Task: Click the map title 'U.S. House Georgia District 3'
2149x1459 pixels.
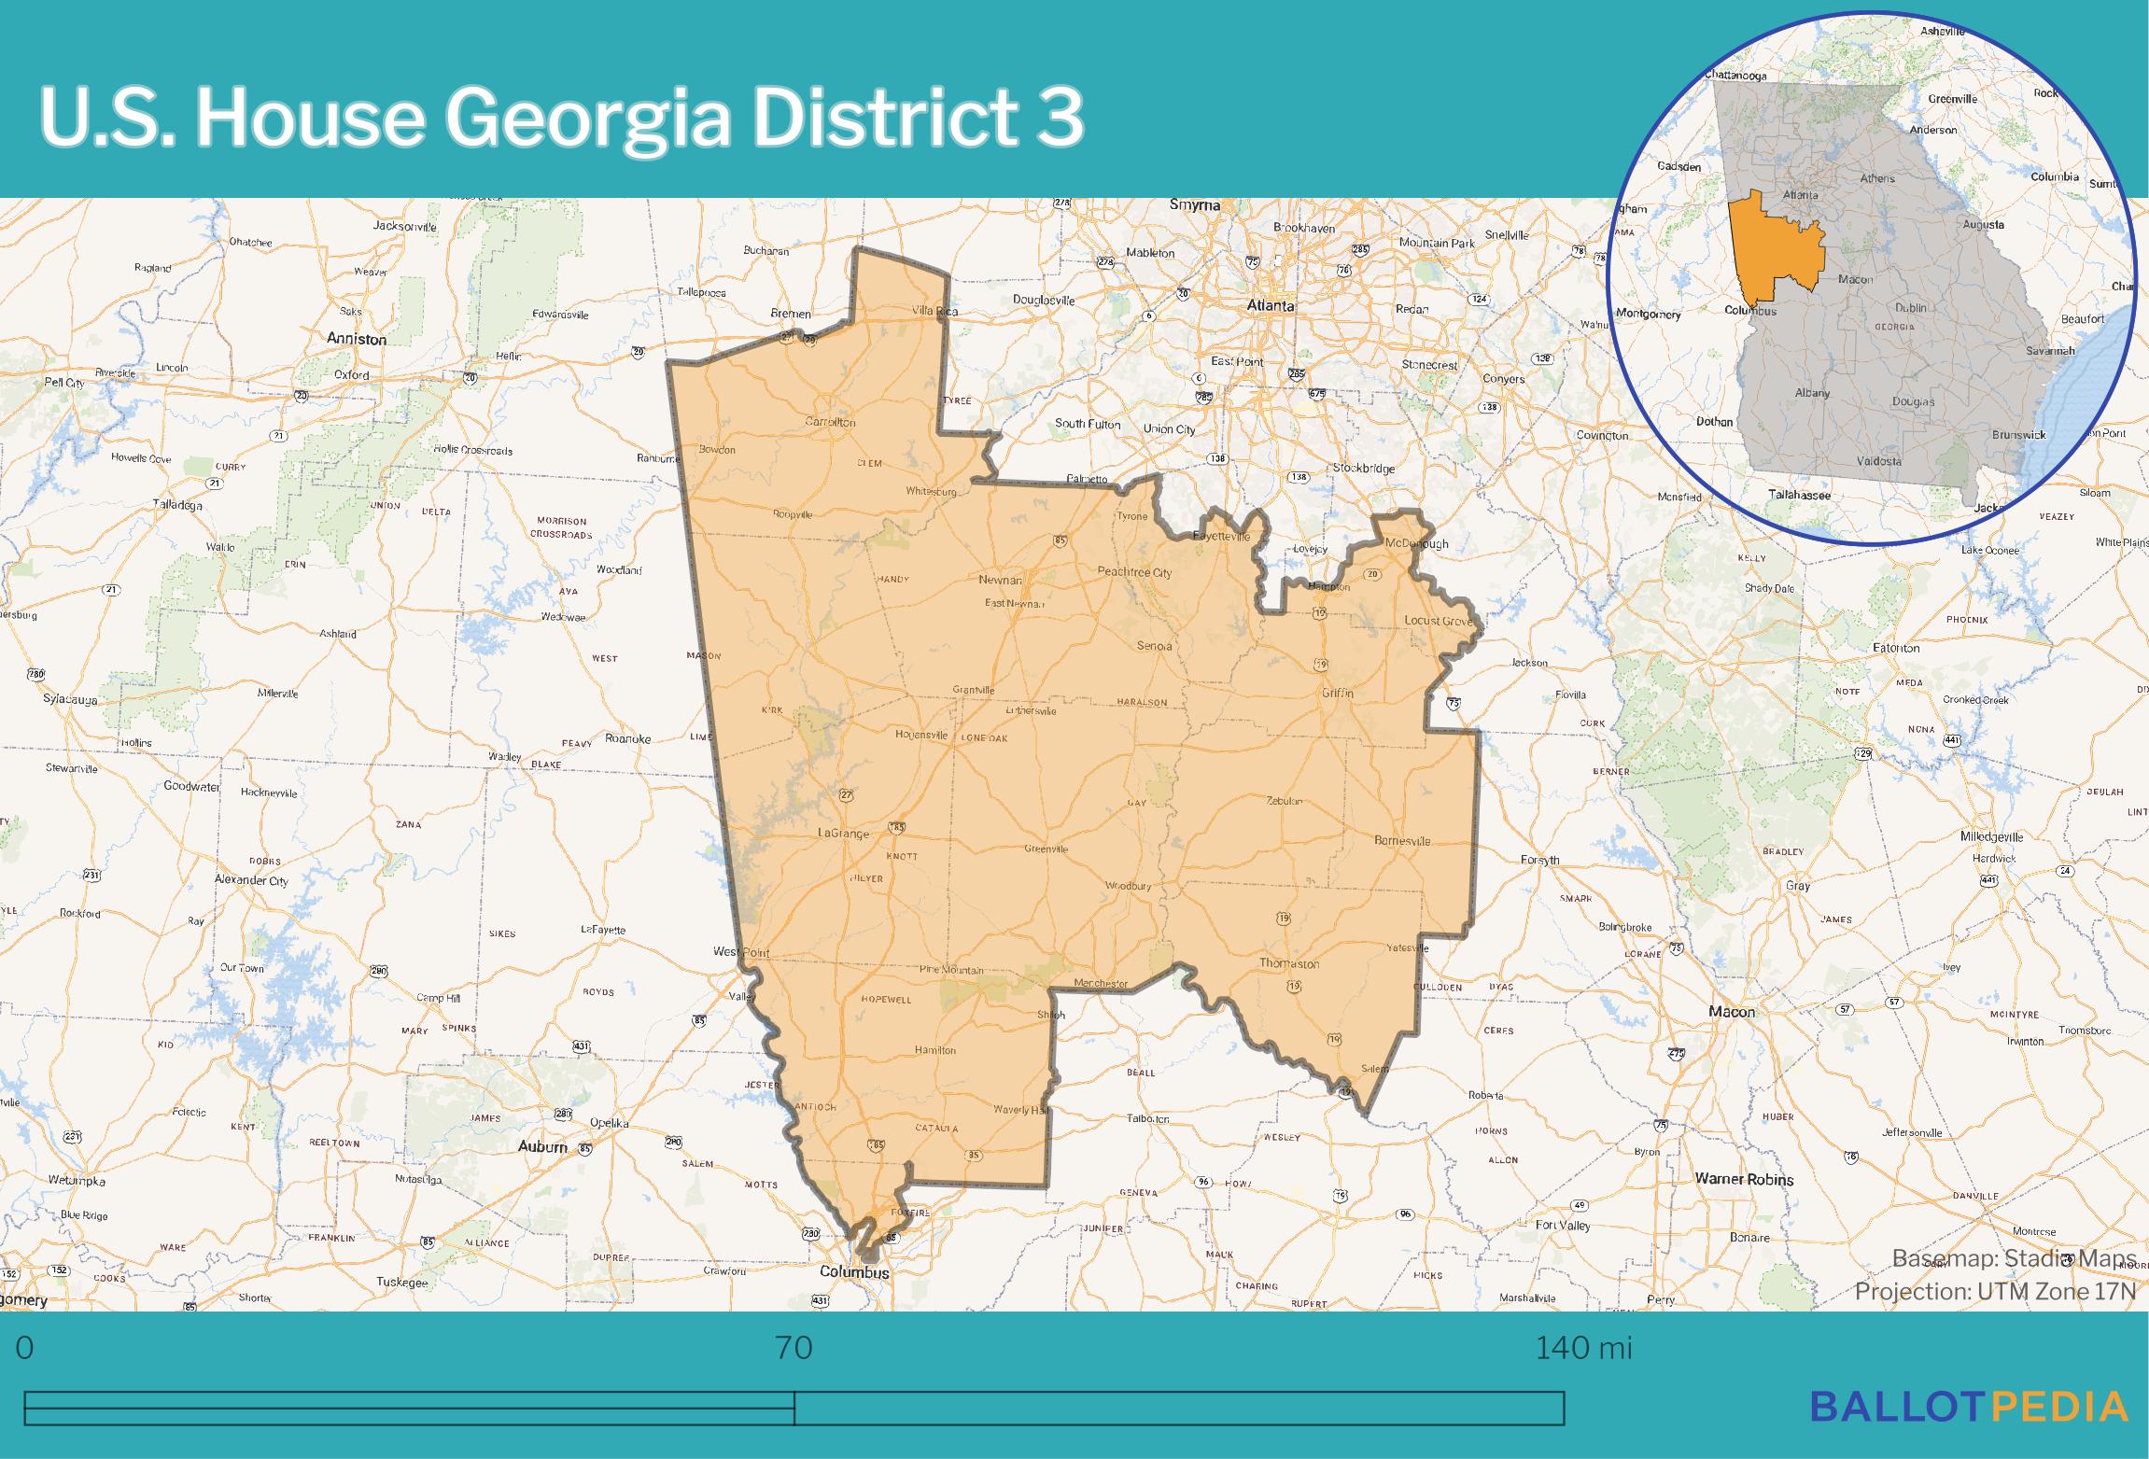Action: pyautogui.click(x=561, y=118)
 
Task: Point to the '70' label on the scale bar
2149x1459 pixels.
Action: pyautogui.click(x=794, y=1348)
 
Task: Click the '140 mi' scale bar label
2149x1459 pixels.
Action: pyautogui.click(x=1583, y=1348)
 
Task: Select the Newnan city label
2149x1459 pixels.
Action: pyautogui.click(x=1000, y=580)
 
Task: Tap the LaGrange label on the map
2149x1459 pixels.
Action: pyautogui.click(x=843, y=834)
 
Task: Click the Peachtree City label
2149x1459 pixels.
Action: pyautogui.click(x=1134, y=572)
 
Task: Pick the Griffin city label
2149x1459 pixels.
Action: pyautogui.click(x=1337, y=693)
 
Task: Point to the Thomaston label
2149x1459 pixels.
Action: pyautogui.click(x=1289, y=963)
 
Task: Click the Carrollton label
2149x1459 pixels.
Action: pyautogui.click(x=830, y=422)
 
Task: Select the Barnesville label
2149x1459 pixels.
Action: pyautogui.click(x=1402, y=840)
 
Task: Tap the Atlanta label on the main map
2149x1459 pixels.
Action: pyautogui.click(x=1271, y=305)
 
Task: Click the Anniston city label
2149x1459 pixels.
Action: pyautogui.click(x=356, y=339)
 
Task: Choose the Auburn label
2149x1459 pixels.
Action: pyautogui.click(x=542, y=1146)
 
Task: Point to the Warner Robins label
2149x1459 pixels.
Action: pyautogui.click(x=1744, y=1179)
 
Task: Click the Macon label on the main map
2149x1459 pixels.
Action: pyautogui.click(x=1732, y=1011)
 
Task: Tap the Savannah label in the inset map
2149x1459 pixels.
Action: pyautogui.click(x=2050, y=351)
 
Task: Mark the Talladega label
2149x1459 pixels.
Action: pyautogui.click(x=177, y=505)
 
